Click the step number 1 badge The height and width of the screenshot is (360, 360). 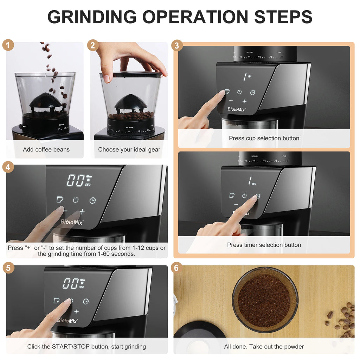click(8, 45)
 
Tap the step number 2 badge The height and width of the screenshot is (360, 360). click(93, 45)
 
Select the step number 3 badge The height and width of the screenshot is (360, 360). click(177, 45)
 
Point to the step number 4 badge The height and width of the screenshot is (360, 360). click(8, 167)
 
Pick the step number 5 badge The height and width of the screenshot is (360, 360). click(8, 268)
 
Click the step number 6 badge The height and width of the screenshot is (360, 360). click(176, 268)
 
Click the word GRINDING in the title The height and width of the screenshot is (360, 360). click(92, 17)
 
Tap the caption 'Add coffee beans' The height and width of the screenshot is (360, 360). click(46, 149)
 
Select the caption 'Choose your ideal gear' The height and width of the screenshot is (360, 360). click(129, 149)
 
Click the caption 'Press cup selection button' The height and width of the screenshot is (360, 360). click(264, 138)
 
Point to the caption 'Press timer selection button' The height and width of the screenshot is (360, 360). click(264, 245)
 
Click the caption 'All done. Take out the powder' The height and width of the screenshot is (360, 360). click(264, 347)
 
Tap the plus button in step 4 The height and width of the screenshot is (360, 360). click(82, 212)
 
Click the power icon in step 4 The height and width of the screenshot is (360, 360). click(76, 200)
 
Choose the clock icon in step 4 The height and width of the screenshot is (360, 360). click(92, 200)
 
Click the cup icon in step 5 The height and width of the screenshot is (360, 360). click(56, 301)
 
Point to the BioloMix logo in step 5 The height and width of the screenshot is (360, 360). click(67, 321)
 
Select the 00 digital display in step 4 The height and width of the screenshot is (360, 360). click(75, 180)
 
